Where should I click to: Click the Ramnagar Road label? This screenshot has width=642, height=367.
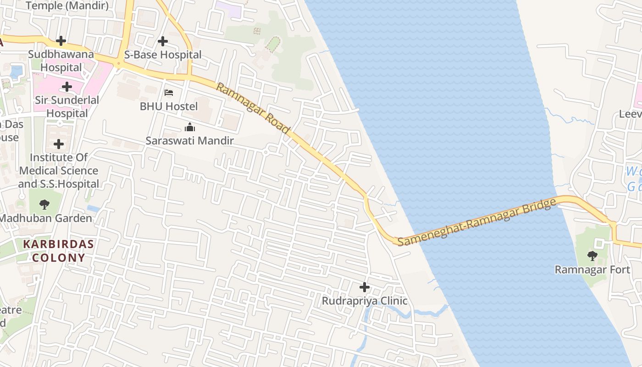253,108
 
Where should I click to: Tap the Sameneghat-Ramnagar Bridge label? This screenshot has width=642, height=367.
474,222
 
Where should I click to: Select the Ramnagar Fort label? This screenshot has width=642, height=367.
592,270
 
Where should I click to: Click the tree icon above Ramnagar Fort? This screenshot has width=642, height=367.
592,256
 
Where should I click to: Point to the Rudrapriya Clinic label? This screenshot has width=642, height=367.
365,301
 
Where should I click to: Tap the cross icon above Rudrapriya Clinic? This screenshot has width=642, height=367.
365,288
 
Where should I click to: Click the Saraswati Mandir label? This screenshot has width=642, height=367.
189,141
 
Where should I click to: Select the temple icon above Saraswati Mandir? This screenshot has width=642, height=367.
190,127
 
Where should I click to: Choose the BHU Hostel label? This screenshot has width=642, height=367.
169,106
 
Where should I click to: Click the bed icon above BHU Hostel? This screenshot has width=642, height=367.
169,93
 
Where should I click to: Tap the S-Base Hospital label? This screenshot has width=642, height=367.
163,55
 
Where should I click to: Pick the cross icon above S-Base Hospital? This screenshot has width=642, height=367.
162,41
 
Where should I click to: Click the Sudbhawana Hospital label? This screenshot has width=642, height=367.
61,61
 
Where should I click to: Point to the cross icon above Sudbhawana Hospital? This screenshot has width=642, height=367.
61,41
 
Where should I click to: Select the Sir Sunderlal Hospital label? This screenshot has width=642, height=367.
67,106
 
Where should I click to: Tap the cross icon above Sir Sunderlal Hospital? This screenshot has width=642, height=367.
67,86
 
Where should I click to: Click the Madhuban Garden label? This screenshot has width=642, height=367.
45,218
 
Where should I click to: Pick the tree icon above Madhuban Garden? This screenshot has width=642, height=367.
44,205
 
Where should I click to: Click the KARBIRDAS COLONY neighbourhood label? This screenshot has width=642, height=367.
58,250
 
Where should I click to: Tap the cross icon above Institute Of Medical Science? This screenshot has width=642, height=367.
59,144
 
